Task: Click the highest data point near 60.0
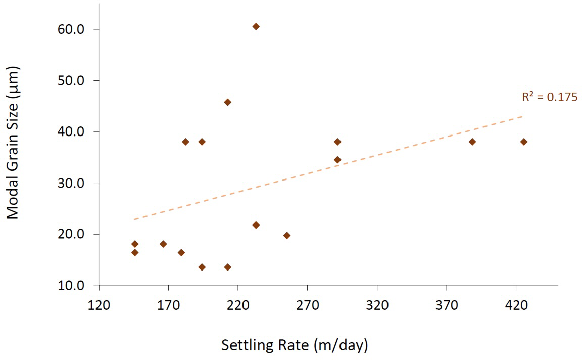click(x=256, y=26)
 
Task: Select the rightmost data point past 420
click(x=523, y=142)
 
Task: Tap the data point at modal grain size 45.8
click(x=227, y=102)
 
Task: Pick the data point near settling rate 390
click(x=472, y=142)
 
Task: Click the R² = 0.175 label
click(x=549, y=97)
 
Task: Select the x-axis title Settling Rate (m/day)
click(x=295, y=345)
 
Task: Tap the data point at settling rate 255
click(x=286, y=235)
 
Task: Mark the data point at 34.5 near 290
click(x=337, y=160)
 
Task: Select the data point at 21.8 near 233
click(x=256, y=225)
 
